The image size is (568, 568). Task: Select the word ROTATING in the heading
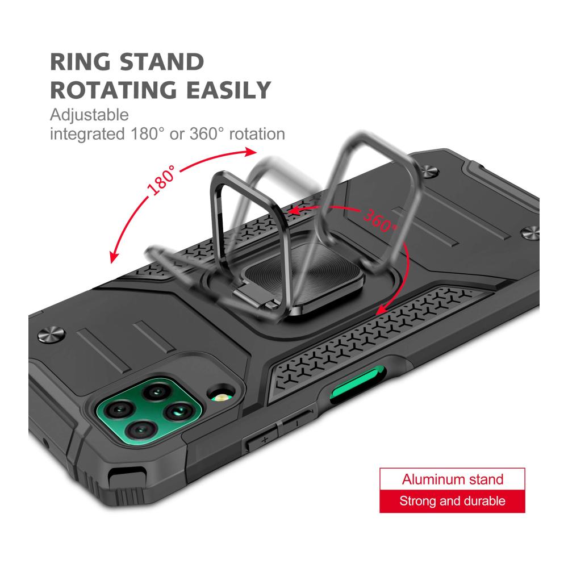[112, 90]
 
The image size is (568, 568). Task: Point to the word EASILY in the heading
[228, 90]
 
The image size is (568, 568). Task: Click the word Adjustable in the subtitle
[89, 115]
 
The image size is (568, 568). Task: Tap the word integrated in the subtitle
[87, 134]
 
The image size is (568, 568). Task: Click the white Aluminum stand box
[452, 479]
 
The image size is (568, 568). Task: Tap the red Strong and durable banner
[452, 501]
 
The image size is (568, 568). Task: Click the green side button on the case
[357, 385]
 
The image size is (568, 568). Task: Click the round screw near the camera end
[52, 334]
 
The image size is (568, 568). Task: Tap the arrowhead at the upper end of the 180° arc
[250, 152]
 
